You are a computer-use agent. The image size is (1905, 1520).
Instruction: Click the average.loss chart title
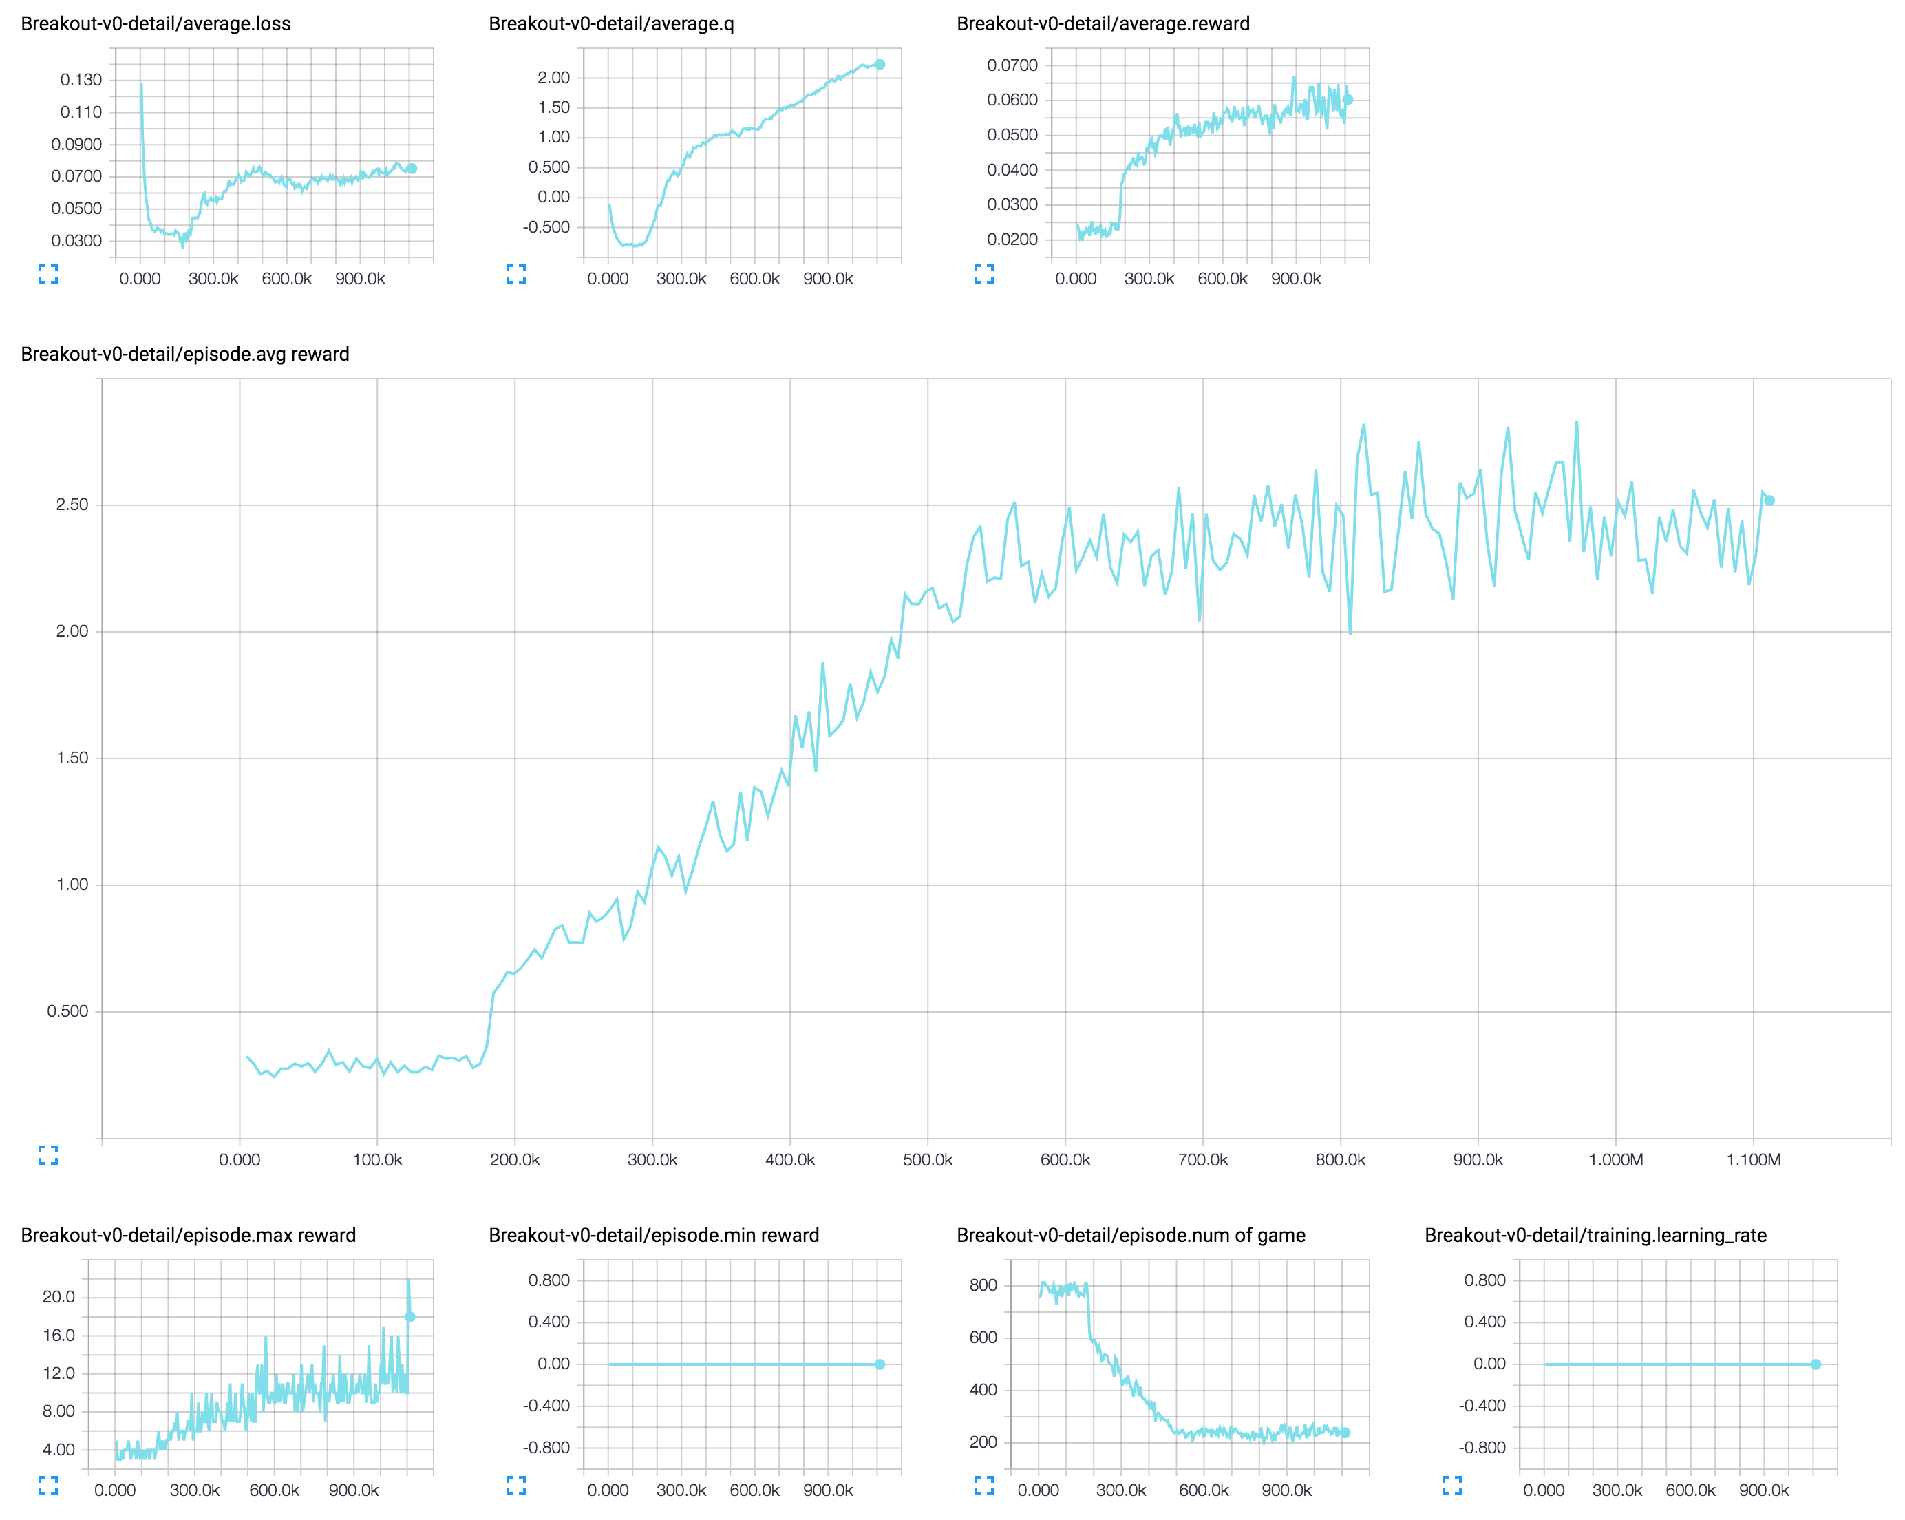pyautogui.click(x=156, y=24)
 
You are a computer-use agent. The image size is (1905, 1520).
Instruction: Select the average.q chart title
pyautogui.click(x=610, y=24)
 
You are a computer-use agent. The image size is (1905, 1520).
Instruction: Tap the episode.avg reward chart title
pyautogui.click(x=184, y=355)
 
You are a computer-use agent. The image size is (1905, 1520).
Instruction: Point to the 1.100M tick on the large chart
pyautogui.click(x=1753, y=1159)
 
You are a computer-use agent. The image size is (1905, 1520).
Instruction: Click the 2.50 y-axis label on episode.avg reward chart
pyautogui.click(x=72, y=505)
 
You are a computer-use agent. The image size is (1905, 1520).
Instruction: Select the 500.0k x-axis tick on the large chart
pyautogui.click(x=928, y=1159)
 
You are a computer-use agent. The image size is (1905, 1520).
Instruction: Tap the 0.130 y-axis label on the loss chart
pyautogui.click(x=81, y=80)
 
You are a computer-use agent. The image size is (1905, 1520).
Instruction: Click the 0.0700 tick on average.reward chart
pyautogui.click(x=1012, y=65)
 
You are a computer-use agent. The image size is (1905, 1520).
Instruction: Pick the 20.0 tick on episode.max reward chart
pyautogui.click(x=59, y=1296)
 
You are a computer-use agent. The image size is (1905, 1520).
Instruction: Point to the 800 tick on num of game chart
pyautogui.click(x=983, y=1285)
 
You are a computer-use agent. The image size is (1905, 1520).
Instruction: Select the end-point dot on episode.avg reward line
pyautogui.click(x=1769, y=500)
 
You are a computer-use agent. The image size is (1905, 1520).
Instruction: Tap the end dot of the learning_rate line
pyautogui.click(x=1816, y=1364)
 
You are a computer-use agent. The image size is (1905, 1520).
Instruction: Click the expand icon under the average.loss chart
pyautogui.click(x=49, y=274)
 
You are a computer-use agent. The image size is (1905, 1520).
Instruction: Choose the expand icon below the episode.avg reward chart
pyautogui.click(x=49, y=1155)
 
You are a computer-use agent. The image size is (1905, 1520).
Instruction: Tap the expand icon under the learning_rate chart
pyautogui.click(x=1451, y=1486)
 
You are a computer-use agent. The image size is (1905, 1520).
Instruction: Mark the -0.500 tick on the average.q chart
pyautogui.click(x=546, y=227)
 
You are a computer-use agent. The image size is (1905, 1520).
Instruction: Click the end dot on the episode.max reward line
pyautogui.click(x=410, y=1317)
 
